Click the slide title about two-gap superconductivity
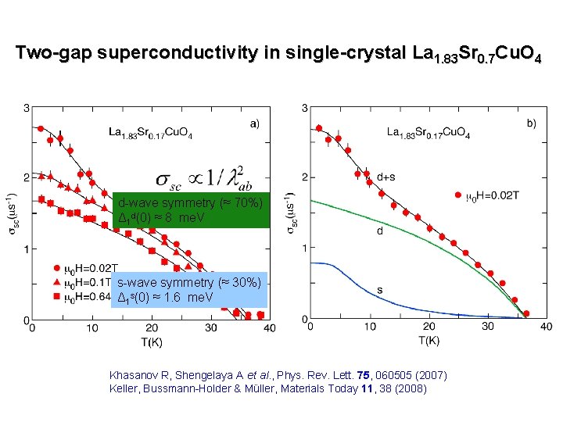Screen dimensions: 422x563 (x=281, y=54)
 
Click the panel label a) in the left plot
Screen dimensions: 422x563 (x=255, y=123)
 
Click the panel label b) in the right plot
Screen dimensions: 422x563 (x=532, y=123)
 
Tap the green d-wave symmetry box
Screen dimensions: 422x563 (x=191, y=210)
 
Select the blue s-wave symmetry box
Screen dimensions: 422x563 (x=189, y=290)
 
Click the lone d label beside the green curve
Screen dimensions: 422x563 (x=380, y=231)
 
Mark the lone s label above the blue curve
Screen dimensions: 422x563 (x=380, y=290)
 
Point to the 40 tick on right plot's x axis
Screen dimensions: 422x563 (x=546, y=327)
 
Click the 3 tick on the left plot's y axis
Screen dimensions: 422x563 (x=25, y=107)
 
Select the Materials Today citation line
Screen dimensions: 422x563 (x=268, y=388)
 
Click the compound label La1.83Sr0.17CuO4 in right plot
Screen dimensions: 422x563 (x=429, y=134)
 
